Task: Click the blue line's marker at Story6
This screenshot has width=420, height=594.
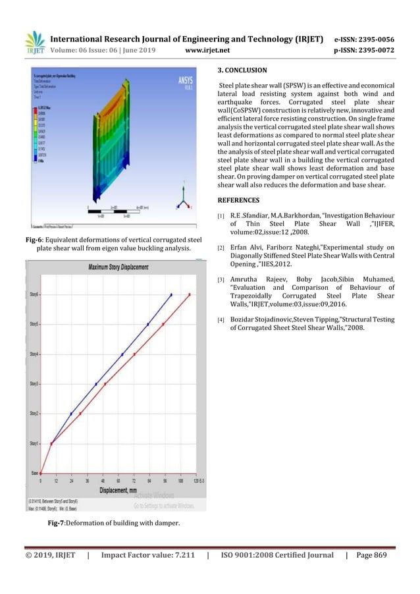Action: click(171, 295)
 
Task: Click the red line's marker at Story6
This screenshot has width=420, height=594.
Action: click(190, 295)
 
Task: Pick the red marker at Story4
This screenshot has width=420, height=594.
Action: click(134, 354)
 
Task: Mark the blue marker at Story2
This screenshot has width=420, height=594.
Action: click(71, 414)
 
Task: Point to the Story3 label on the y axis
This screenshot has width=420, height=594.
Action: click(33, 384)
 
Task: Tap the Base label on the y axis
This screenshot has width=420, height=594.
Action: click(34, 473)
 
